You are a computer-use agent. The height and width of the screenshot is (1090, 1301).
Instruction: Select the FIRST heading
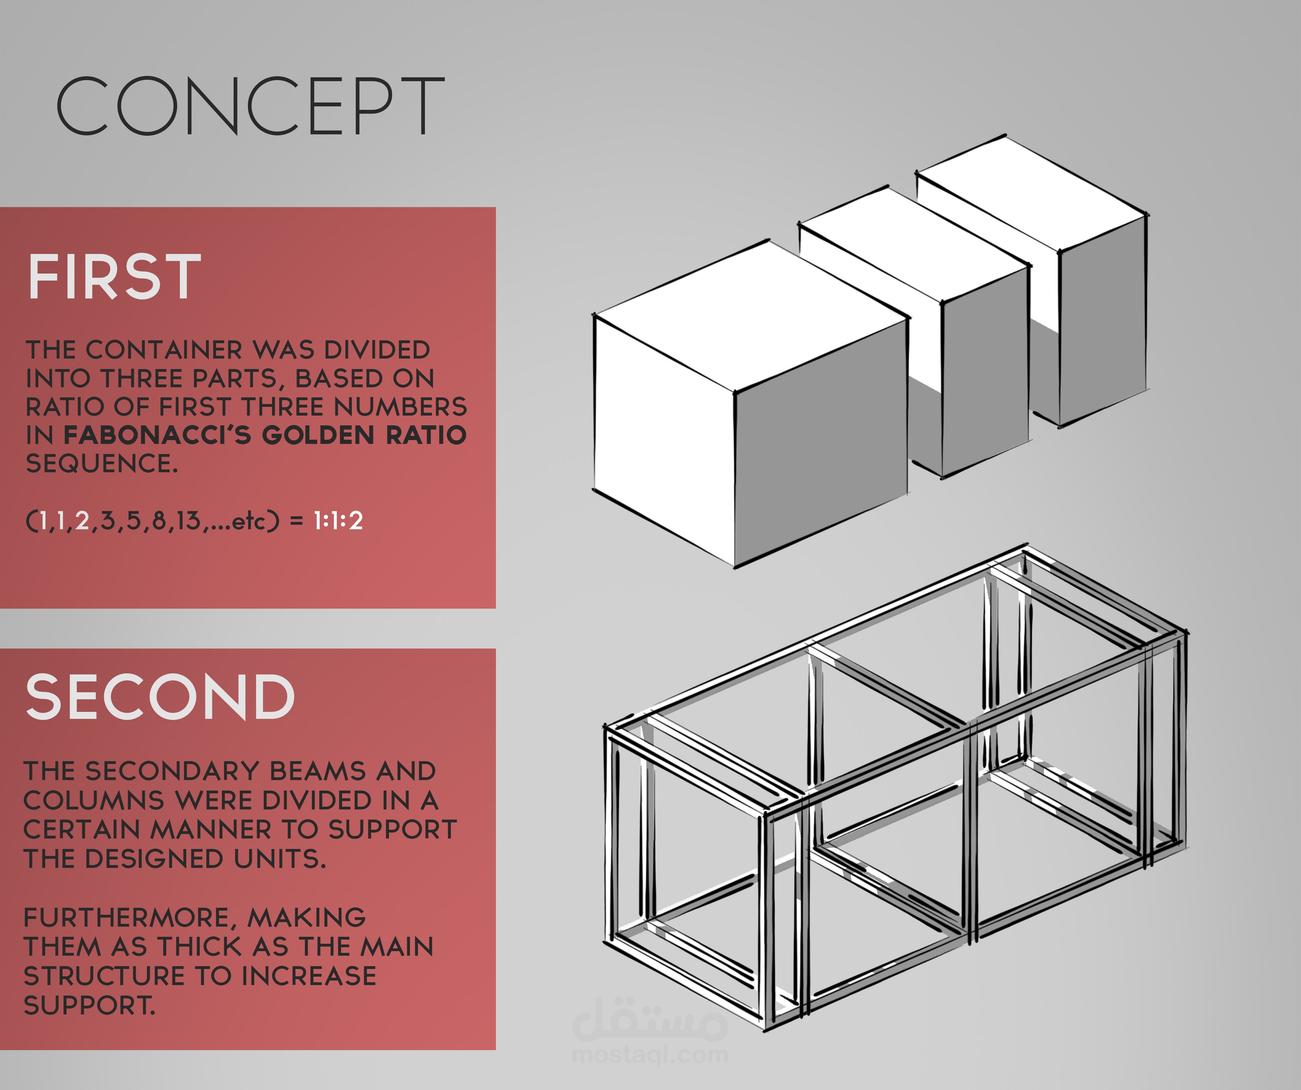tap(115, 277)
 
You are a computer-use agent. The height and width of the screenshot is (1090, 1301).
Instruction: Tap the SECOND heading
tap(160, 697)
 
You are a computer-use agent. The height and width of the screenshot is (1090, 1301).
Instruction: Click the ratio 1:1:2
tap(338, 521)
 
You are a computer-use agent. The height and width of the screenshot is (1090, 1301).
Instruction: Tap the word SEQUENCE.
tap(102, 463)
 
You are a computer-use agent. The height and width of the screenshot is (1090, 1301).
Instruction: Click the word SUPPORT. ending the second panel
tap(89, 1005)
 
